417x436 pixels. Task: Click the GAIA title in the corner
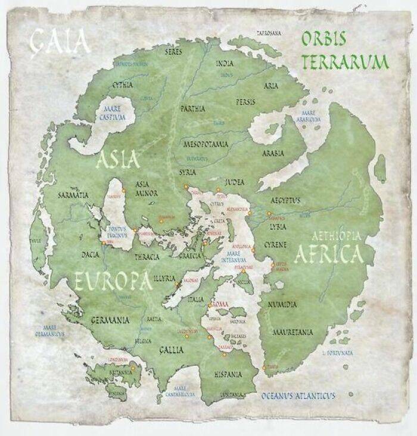tap(61, 41)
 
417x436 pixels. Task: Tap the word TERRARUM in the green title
tap(346, 61)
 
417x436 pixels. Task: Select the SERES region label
tap(173, 52)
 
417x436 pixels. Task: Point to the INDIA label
tap(225, 63)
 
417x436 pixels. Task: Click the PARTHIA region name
tap(192, 109)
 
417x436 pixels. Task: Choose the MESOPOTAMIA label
tap(207, 145)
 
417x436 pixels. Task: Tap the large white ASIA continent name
tap(118, 159)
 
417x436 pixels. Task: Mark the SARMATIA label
tap(73, 195)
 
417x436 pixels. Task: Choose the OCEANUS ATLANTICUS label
tap(298, 395)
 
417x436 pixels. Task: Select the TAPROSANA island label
tap(269, 33)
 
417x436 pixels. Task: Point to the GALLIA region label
tap(171, 350)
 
